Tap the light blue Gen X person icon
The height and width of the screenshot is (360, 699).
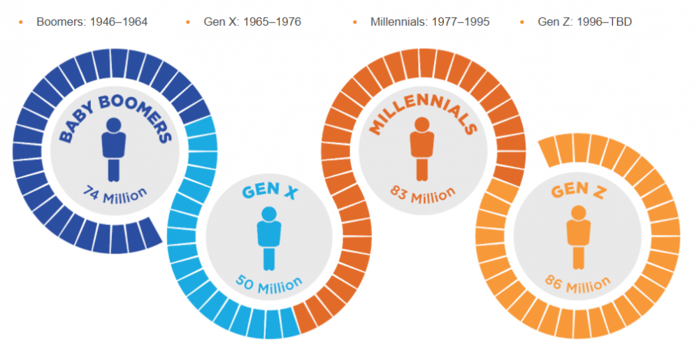pyautogui.click(x=268, y=238)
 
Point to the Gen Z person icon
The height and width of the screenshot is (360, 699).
pyautogui.click(x=577, y=237)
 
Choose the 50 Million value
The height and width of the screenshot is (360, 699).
pyautogui.click(x=269, y=284)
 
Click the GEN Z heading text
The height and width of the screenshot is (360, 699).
pyautogui.click(x=578, y=191)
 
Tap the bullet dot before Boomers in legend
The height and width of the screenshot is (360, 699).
pyautogui.click(x=20, y=22)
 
